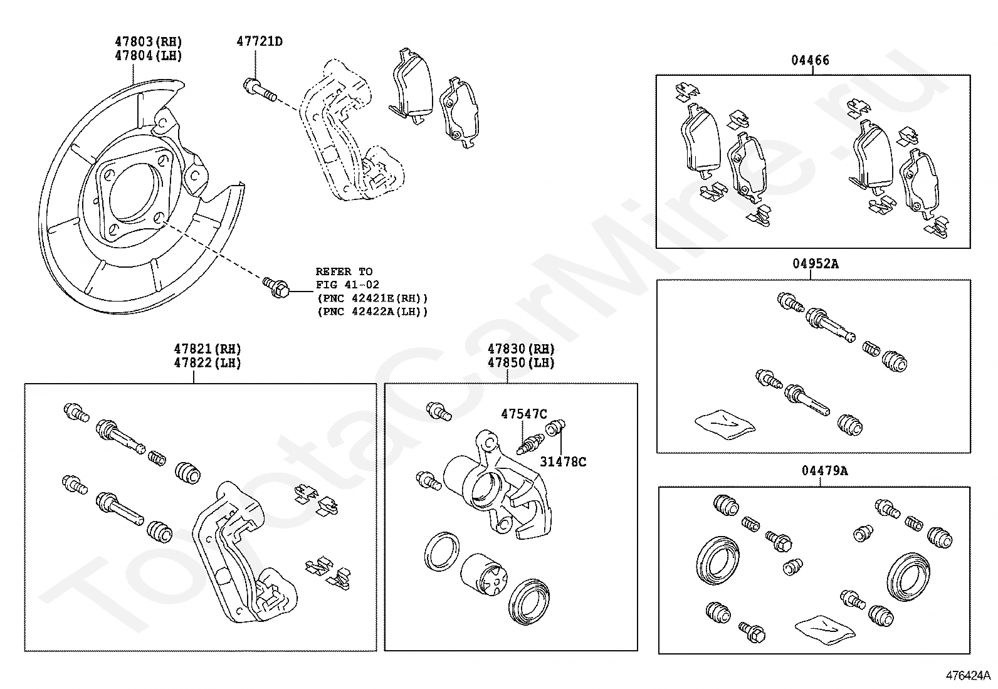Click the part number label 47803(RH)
pos(148,42)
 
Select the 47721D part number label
pos(259,42)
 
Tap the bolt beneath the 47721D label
pos(258,89)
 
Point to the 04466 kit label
pos(810,61)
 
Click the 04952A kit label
pos(814,264)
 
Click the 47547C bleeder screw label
pos(523,414)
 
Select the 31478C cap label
pos(563,462)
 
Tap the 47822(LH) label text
pos(207,363)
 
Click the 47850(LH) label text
pos(521,363)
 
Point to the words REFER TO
pos(344,271)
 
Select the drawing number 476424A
pos(968,675)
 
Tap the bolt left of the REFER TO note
pos(276,288)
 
